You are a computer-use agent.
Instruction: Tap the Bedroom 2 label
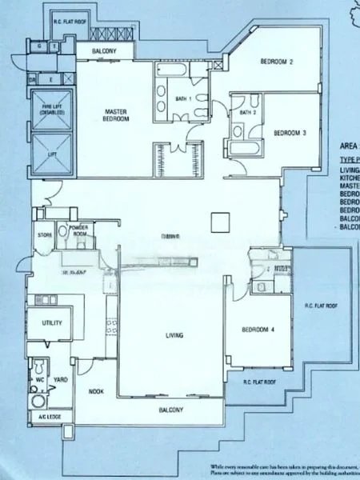(x=278, y=61)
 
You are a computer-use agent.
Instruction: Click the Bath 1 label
(x=183, y=98)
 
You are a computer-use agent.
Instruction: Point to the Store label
(x=45, y=235)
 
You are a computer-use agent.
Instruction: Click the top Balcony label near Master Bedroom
(x=114, y=52)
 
